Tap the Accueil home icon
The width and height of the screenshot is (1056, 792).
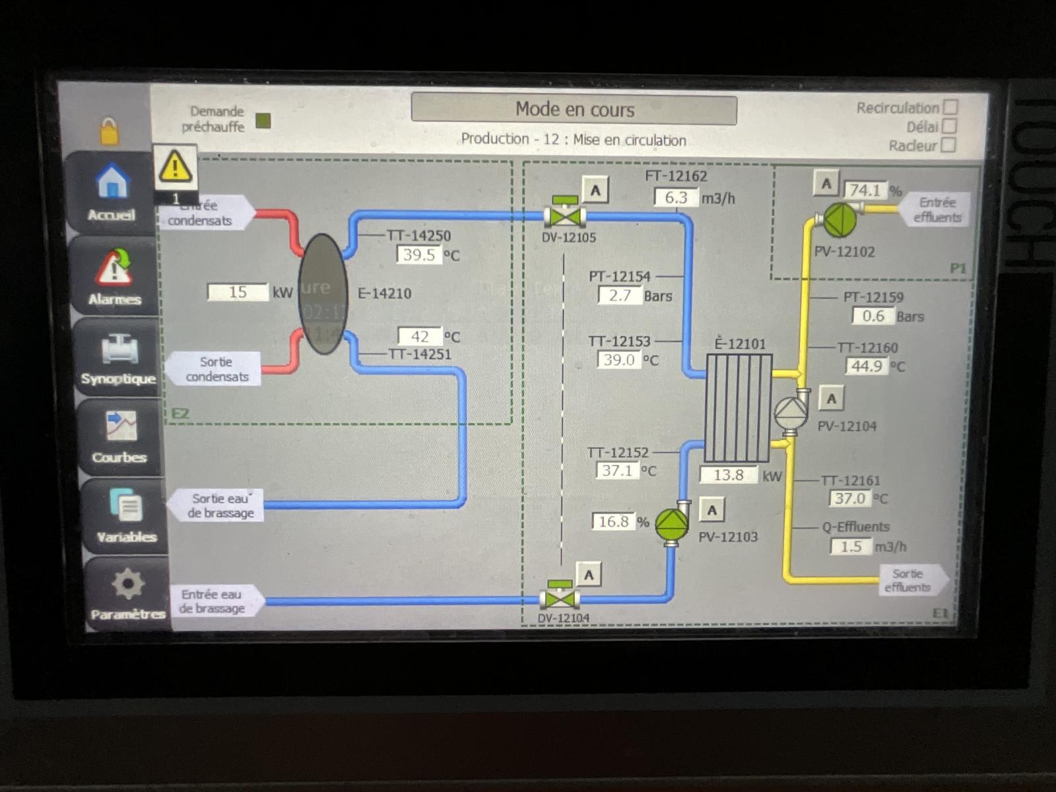(112, 181)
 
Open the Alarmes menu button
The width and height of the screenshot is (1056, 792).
(114, 267)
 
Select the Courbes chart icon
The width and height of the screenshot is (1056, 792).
(121, 426)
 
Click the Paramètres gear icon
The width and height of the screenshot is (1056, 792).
(127, 583)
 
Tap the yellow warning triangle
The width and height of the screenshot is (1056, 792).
(175, 166)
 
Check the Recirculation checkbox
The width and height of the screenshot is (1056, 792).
(950, 107)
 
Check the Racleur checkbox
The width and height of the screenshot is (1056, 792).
(948, 145)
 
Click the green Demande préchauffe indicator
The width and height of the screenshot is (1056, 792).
(263, 121)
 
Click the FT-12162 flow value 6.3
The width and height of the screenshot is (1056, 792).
(676, 197)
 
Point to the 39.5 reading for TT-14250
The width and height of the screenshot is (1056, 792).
(419, 255)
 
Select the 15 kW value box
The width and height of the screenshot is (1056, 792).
(238, 292)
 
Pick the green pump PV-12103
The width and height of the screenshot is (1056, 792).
(673, 523)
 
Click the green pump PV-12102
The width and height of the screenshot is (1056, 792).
(840, 220)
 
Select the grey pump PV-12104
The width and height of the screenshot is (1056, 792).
(791, 414)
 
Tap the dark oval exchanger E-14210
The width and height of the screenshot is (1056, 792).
(323, 294)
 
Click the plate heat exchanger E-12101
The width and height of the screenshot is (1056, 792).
(739, 408)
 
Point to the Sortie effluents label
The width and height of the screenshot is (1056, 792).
(908, 580)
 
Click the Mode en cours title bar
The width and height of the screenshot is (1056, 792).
(574, 109)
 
